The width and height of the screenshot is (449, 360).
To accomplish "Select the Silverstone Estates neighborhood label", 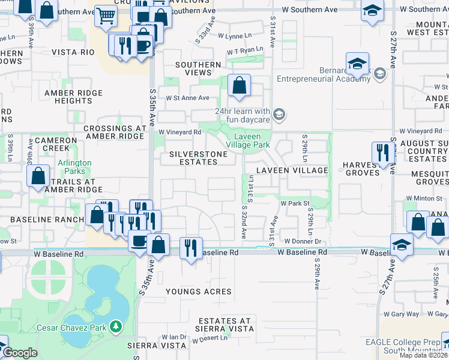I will pos(199,158).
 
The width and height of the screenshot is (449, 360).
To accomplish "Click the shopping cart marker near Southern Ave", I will pos(106,17).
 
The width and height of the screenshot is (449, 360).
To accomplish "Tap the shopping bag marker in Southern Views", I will pos(239,86).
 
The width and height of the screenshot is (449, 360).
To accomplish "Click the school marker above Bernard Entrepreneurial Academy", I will pos(357,64).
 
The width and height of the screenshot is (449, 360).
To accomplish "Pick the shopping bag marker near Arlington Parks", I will pos(38,176).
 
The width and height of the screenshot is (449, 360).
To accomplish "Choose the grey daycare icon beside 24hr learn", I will pos(278,114).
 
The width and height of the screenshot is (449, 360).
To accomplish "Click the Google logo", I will pos(20,353).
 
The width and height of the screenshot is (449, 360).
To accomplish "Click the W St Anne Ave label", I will pos(187,98).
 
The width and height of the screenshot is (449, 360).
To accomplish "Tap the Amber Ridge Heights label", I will pos(74,97).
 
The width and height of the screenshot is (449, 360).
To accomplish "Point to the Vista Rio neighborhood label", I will pos(73,52).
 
